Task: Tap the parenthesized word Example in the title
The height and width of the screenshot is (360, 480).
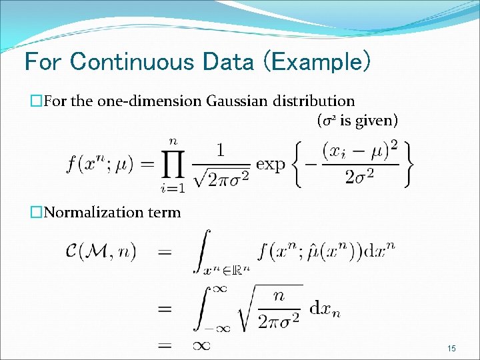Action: tap(317, 62)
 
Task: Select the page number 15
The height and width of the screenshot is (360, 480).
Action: tap(451, 348)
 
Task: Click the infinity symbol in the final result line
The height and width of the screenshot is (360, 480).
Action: tap(202, 345)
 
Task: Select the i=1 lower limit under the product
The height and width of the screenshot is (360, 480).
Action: tap(173, 188)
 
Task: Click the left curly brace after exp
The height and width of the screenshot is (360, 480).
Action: tap(299, 163)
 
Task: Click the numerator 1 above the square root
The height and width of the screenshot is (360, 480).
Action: tap(221, 149)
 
